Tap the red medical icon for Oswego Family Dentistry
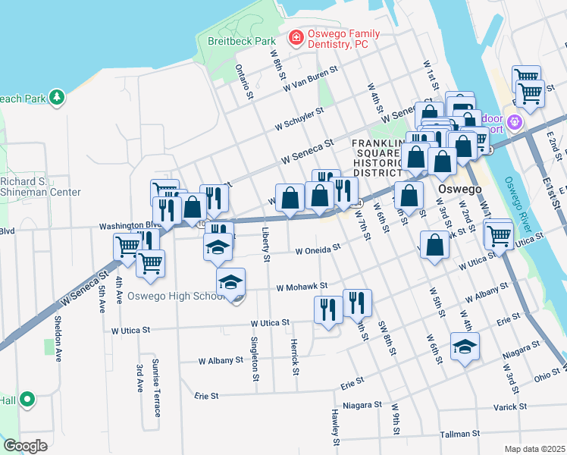(x=294, y=37)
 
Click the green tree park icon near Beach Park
(x=55, y=98)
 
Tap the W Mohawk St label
(x=301, y=287)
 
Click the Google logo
(x=25, y=445)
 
